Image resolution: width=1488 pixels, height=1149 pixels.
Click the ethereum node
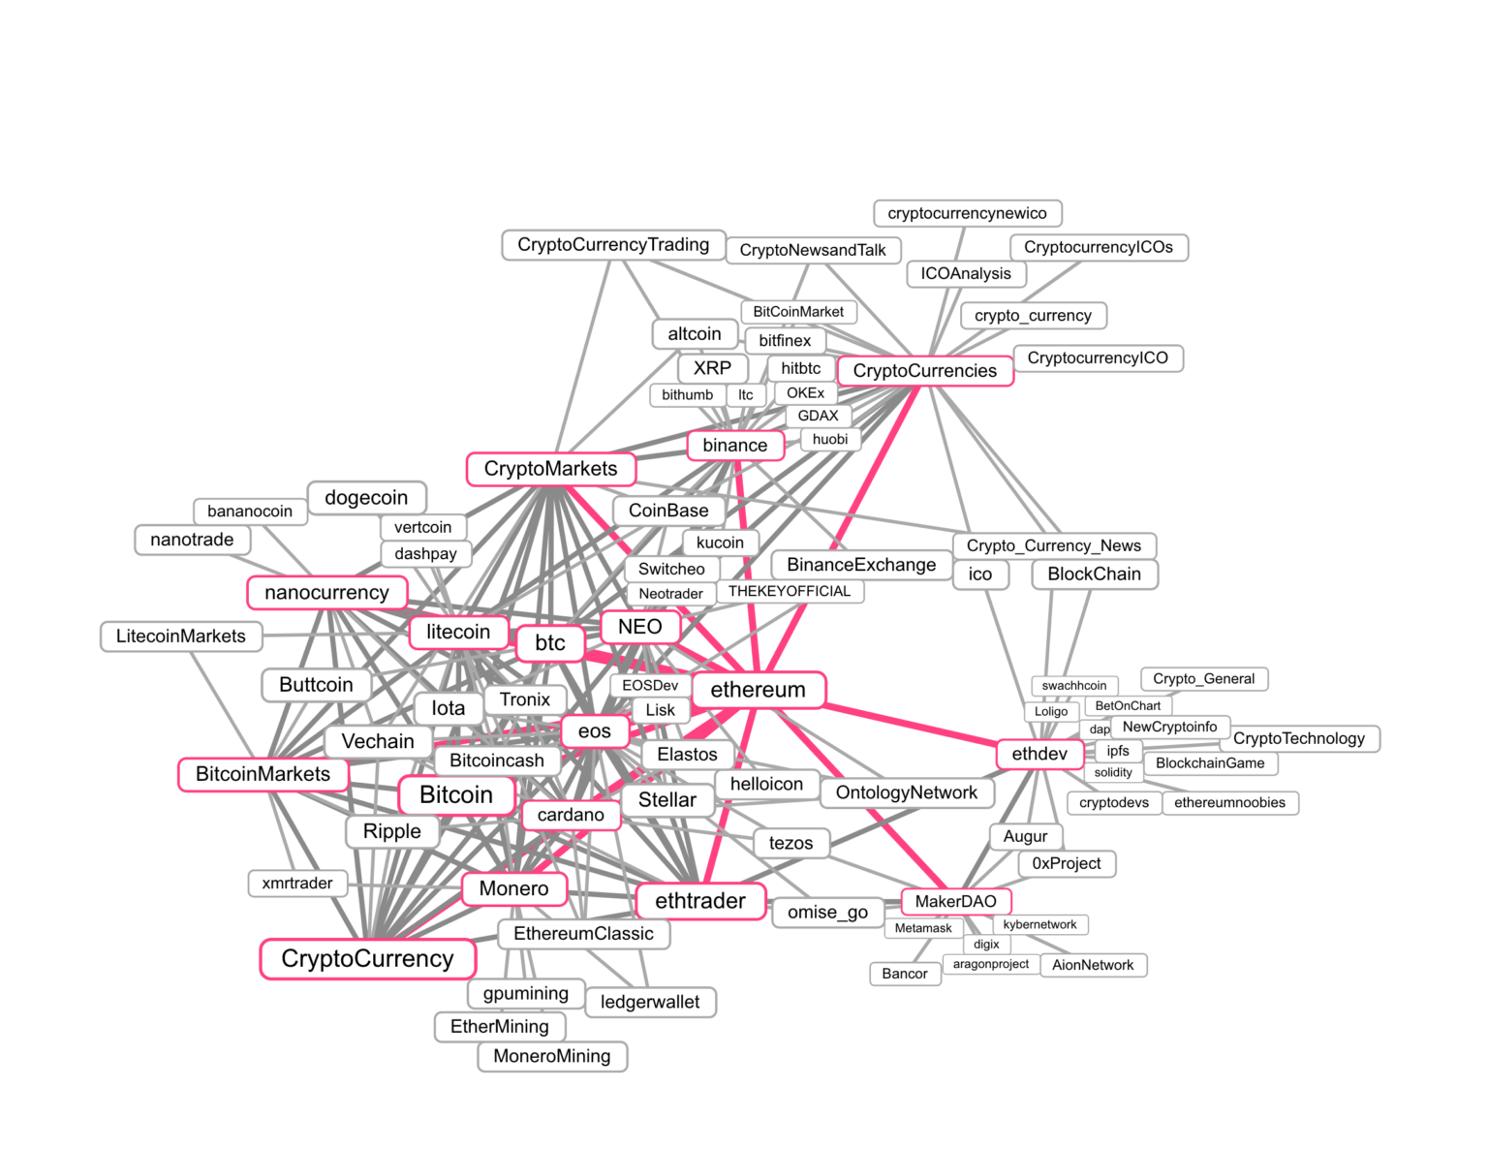pyautogui.click(x=759, y=690)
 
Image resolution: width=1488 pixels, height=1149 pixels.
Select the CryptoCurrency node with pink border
pyautogui.click(x=368, y=959)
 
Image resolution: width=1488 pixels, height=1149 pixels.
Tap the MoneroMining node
pyautogui.click(x=552, y=1056)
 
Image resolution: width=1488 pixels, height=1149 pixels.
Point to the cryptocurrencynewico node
pyautogui.click(x=967, y=213)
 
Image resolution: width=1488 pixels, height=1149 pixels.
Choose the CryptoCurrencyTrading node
pyautogui.click(x=613, y=245)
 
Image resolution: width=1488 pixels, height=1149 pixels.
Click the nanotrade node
pyautogui.click(x=192, y=540)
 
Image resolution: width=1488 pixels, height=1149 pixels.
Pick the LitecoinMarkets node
pyautogui.click(x=181, y=637)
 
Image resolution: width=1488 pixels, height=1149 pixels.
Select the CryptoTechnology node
pyautogui.click(x=1298, y=738)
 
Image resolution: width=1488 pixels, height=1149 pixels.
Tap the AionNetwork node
pyautogui.click(x=1093, y=965)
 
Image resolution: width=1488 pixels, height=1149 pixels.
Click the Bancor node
pyautogui.click(x=905, y=974)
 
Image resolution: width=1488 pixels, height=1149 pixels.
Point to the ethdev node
pyautogui.click(x=1039, y=754)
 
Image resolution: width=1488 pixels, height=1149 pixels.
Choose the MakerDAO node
pyautogui.click(x=955, y=901)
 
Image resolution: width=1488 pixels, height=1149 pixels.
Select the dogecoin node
pyautogui.click(x=366, y=498)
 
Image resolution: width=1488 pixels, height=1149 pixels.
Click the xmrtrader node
pyautogui.click(x=297, y=884)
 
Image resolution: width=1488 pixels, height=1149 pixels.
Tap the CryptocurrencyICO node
pyautogui.click(x=1098, y=358)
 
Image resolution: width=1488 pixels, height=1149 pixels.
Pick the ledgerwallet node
pyautogui.click(x=650, y=1002)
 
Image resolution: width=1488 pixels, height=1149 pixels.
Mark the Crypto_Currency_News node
pyautogui.click(x=1054, y=545)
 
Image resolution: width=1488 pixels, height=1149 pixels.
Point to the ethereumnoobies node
pyautogui.click(x=1229, y=803)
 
